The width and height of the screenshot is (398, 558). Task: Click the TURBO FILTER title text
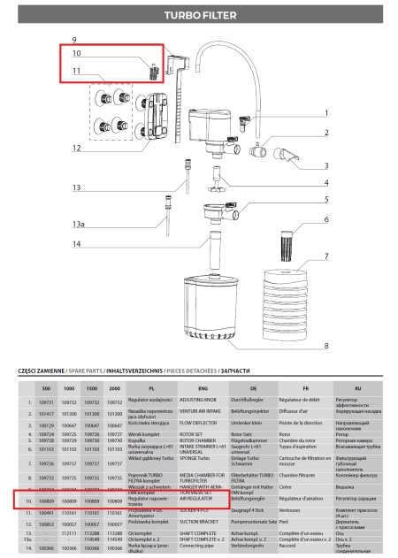(198, 15)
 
